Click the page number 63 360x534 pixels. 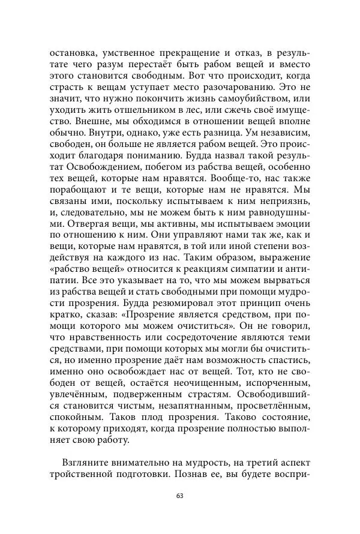click(179, 496)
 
